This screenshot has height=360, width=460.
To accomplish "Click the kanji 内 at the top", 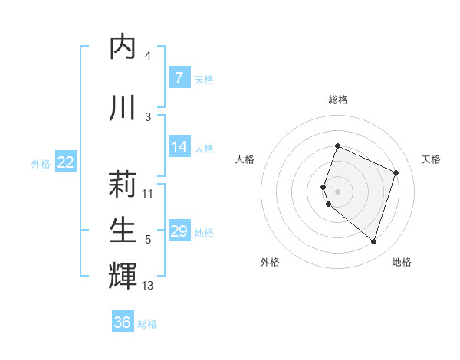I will pyautogui.click(x=123, y=47).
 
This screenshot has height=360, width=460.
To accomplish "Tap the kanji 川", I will pyautogui.click(x=123, y=106).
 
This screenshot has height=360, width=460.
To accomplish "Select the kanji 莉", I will pyautogui.click(x=123, y=184).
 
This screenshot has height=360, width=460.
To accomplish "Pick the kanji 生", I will pyautogui.click(x=123, y=229).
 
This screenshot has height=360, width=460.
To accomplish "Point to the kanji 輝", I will pyautogui.click(x=123, y=275).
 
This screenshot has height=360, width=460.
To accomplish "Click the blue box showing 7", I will pyautogui.click(x=179, y=78).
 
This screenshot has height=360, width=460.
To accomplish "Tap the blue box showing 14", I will pyautogui.click(x=179, y=147).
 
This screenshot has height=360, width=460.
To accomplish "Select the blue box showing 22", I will pyautogui.click(x=66, y=162).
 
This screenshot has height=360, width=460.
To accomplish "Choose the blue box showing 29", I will pyautogui.click(x=179, y=231).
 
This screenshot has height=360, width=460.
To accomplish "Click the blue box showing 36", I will pyautogui.click(x=123, y=322).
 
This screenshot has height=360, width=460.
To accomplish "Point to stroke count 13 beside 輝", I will pyautogui.click(x=148, y=286).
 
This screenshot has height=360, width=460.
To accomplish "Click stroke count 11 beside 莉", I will pyautogui.click(x=148, y=194).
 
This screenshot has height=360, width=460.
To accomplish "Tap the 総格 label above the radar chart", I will pyautogui.click(x=338, y=100).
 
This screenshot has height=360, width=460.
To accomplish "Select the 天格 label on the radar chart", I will pyautogui.click(x=432, y=159).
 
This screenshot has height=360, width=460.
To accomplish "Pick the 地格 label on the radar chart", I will pyautogui.click(x=402, y=262).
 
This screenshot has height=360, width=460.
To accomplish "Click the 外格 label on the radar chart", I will pyautogui.click(x=270, y=262).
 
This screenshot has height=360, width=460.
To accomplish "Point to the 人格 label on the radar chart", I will pyautogui.click(x=245, y=159).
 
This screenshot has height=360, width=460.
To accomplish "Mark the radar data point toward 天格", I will pyautogui.click(x=396, y=172).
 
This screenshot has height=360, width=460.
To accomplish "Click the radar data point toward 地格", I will pyautogui.click(x=373, y=242).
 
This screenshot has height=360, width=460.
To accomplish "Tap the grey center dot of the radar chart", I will pyautogui.click(x=337, y=191).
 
